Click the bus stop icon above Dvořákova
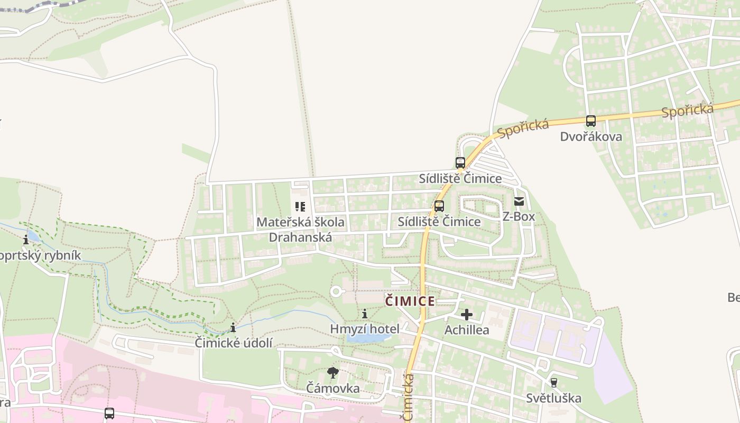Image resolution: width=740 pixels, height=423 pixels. tap(591, 121)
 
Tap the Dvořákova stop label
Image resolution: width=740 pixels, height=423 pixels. tap(591, 137)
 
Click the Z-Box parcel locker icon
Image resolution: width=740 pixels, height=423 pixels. tap(519, 201)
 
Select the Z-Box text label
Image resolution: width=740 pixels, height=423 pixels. tap(519, 216)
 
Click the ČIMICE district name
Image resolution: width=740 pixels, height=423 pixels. tap(410, 301)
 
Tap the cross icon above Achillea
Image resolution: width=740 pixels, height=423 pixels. tap(466, 315)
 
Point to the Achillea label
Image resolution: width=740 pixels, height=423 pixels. tap(466, 330)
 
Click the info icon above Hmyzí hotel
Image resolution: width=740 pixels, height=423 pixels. tap(365, 314)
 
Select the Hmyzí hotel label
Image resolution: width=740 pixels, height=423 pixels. tap(365, 329)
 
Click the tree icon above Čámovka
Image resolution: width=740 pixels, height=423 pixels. tap(333, 373)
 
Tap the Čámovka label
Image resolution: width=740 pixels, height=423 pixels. tap(333, 389)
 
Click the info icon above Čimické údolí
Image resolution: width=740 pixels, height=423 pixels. tap(233, 328)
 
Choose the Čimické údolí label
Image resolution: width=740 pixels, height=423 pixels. tap(234, 343)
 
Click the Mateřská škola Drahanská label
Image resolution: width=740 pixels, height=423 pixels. tap(300, 229)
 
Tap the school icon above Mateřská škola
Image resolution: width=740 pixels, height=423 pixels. tap(300, 207)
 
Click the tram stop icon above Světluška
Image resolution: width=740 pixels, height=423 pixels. tap(553, 382)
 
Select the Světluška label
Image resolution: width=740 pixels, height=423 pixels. tap(553, 398)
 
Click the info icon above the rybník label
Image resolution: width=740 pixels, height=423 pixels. tap(26, 240)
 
